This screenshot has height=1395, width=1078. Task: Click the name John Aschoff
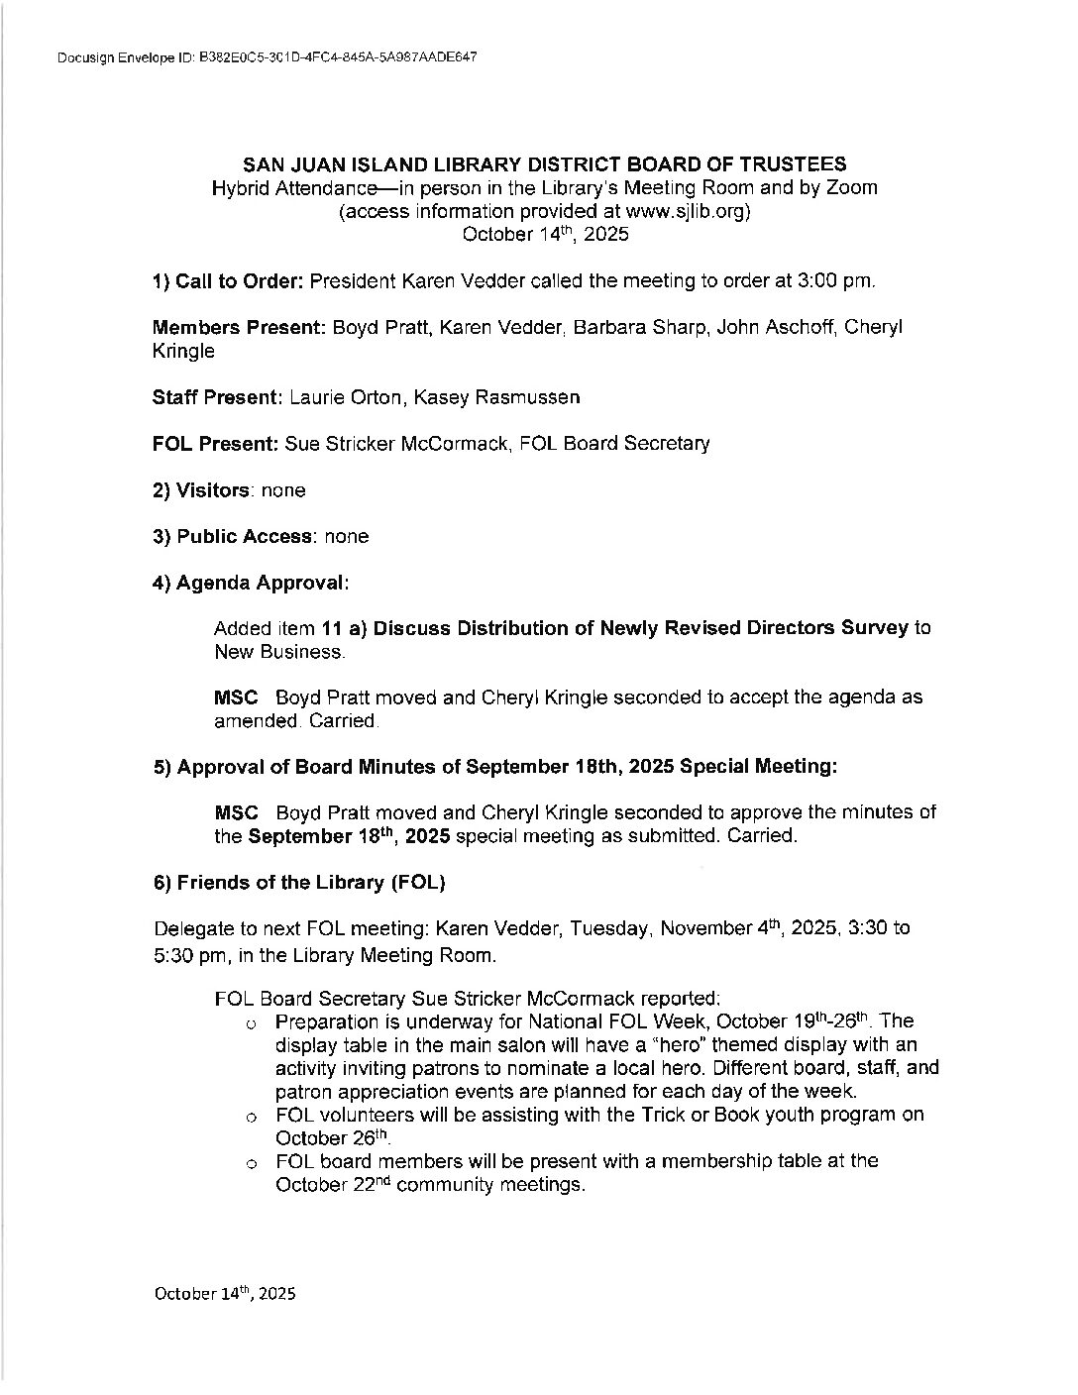pos(780,328)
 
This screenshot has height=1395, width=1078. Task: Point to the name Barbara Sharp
pos(650,328)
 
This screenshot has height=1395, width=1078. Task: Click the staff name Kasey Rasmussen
pos(496,397)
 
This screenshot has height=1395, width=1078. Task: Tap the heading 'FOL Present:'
pos(215,444)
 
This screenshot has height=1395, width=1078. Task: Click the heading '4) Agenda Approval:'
pos(251,584)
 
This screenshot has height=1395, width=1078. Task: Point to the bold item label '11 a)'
pos(343,628)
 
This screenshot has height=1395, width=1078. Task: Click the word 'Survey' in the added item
pos(875,628)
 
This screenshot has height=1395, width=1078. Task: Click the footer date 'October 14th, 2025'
pos(224,1294)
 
